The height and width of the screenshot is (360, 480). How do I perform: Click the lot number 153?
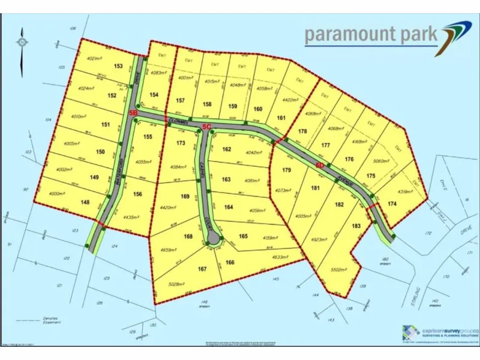[x=118, y=66]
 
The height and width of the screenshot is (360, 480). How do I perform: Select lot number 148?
[x=85, y=202]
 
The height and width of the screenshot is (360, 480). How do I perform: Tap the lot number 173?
[x=181, y=143]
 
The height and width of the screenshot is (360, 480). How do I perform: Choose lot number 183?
[x=356, y=226]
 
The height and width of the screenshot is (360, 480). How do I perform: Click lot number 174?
[x=392, y=205]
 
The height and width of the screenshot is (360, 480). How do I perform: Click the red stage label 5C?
[x=206, y=127]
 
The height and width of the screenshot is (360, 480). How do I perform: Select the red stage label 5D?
[x=319, y=163]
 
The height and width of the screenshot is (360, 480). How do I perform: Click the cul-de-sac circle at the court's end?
[x=213, y=240]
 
